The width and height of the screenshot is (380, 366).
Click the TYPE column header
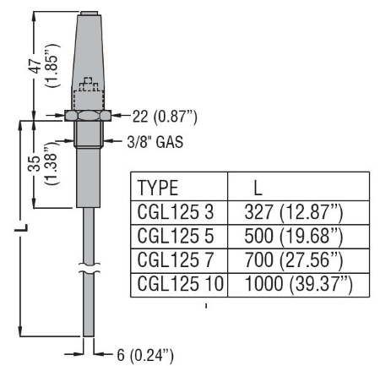tap(158, 188)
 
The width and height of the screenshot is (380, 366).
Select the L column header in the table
tap(258, 188)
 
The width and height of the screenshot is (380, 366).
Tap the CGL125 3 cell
tap(176, 212)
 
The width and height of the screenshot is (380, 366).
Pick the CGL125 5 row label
tap(176, 236)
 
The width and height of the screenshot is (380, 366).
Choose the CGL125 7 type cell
tap(176, 259)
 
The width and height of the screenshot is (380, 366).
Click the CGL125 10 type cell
tap(181, 283)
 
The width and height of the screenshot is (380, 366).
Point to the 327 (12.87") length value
tap(294, 212)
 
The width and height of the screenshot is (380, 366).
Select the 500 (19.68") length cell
tap(294, 237)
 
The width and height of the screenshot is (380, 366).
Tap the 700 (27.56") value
tap(294, 260)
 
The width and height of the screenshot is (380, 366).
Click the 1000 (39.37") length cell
tap(298, 284)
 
